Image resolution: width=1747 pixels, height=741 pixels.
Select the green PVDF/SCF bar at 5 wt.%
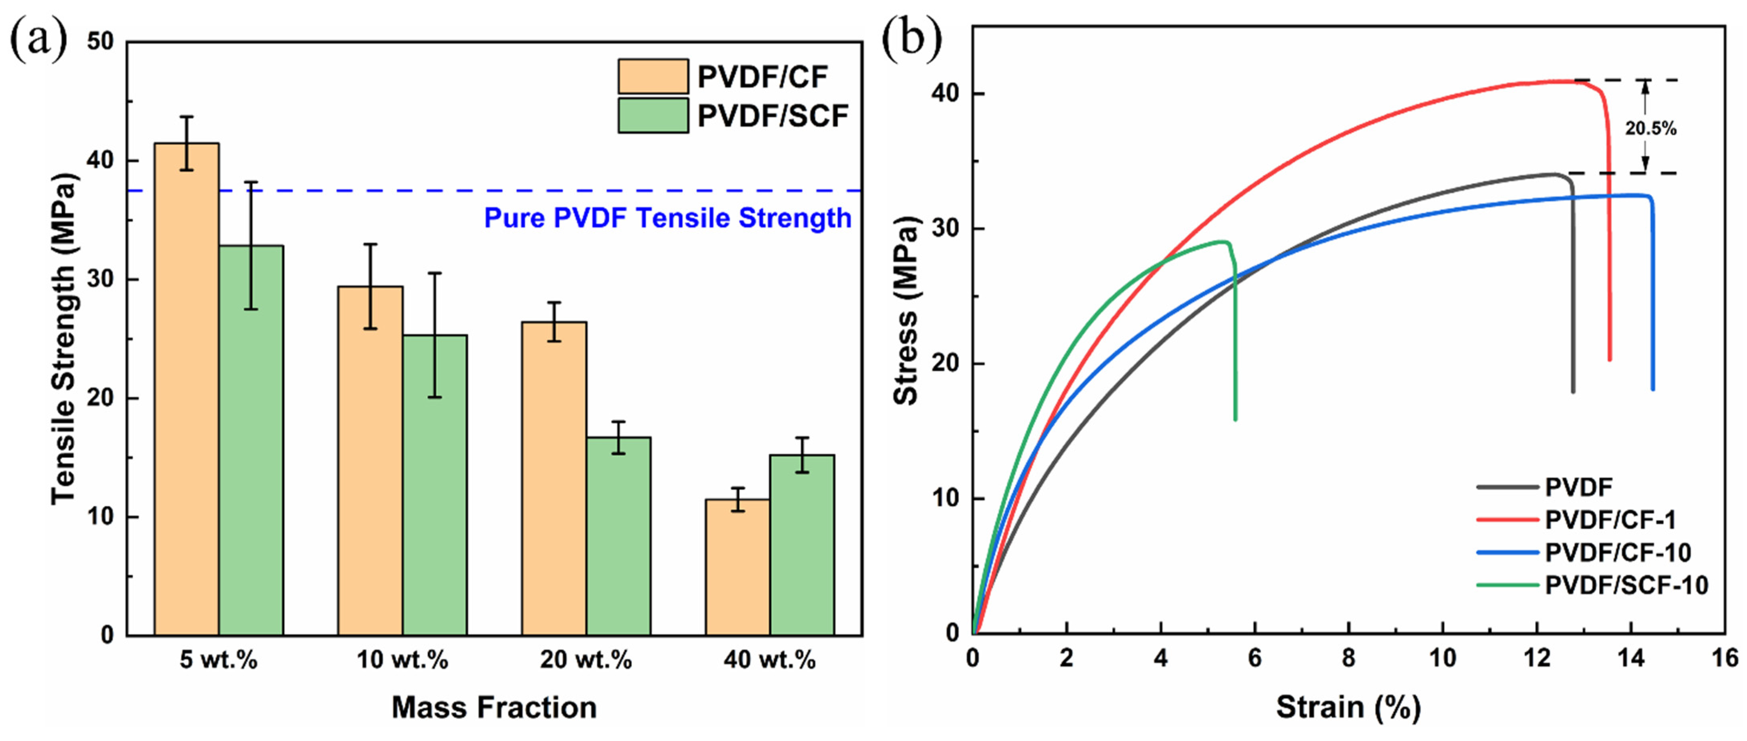pos(251,441)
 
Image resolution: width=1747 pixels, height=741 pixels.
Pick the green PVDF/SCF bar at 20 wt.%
pos(618,536)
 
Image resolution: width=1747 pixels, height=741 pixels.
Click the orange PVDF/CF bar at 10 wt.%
pos(370,461)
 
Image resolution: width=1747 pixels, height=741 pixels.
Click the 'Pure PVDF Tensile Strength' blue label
pos(667,218)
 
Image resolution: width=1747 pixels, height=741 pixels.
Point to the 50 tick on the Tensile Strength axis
pos(100,42)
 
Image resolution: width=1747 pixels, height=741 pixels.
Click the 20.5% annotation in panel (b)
pos(1650,128)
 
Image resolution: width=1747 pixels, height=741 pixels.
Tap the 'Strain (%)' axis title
pos(1348,708)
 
